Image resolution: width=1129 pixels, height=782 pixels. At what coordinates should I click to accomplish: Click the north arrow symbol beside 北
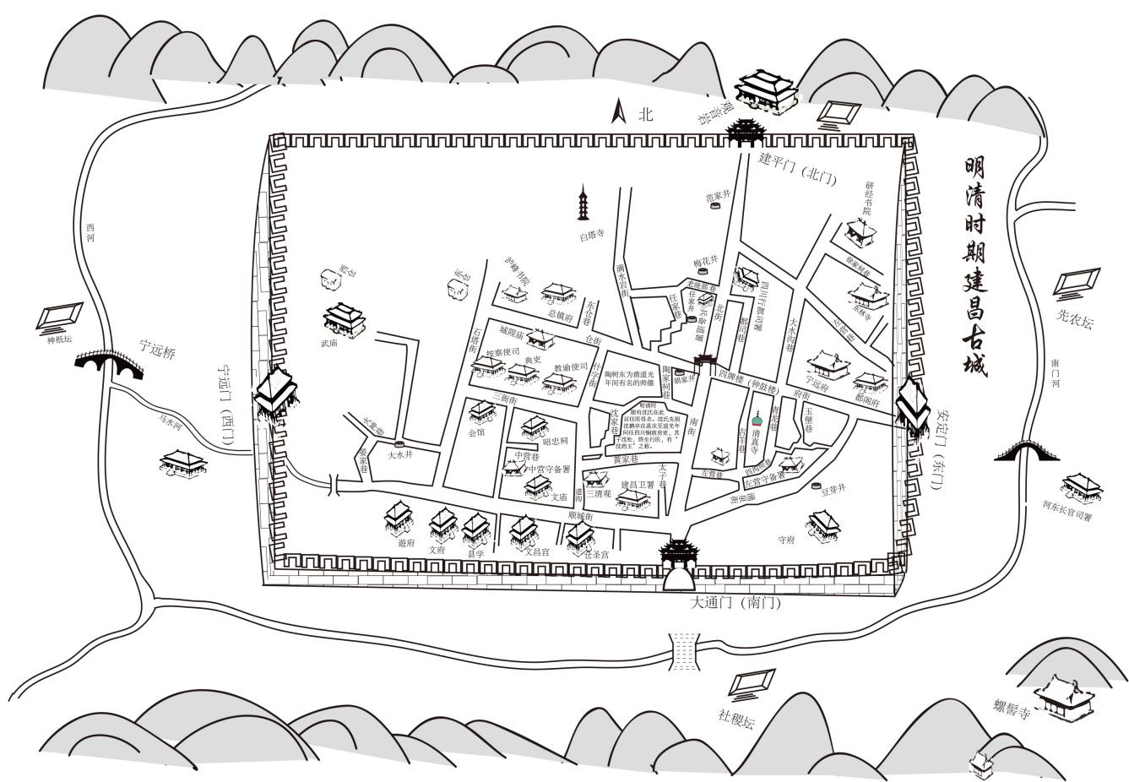click(x=619, y=112)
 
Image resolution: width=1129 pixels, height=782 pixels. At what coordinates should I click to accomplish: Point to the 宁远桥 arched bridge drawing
click(x=109, y=364)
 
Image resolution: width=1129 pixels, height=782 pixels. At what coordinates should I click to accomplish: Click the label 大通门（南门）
click(x=734, y=603)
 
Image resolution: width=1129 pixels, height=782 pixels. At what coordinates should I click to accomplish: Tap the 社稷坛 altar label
click(x=735, y=717)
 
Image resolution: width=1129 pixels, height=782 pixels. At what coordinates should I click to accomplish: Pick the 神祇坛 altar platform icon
click(x=59, y=317)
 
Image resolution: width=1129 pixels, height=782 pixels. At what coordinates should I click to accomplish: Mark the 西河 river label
click(x=90, y=232)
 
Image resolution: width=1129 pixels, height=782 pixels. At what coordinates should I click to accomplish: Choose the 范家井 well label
click(x=717, y=197)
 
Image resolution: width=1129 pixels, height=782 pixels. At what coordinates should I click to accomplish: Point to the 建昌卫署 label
click(x=638, y=485)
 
